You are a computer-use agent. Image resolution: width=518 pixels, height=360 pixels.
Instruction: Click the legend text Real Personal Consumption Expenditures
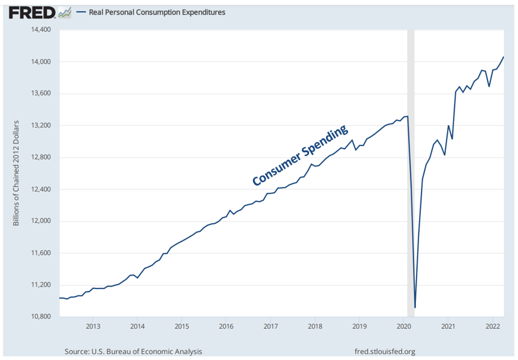click(157, 12)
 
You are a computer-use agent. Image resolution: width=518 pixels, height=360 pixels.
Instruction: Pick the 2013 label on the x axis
click(93, 326)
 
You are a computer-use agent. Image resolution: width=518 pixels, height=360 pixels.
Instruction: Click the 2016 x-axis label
click(226, 326)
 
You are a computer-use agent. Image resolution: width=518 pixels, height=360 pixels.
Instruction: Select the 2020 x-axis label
click(403, 326)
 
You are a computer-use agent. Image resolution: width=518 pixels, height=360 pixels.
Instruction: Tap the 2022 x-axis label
click(492, 326)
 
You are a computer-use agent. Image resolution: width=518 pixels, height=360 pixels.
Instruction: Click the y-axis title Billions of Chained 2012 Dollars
click(16, 173)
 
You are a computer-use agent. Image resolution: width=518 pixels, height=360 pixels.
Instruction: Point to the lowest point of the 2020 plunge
click(415, 307)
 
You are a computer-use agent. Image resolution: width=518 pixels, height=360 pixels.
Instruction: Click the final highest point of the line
click(503, 57)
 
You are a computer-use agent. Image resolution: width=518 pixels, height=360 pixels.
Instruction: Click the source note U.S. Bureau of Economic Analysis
click(133, 351)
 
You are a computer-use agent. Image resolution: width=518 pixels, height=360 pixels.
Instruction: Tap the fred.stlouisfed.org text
click(385, 351)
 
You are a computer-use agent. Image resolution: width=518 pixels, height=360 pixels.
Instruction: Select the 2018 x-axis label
click(315, 326)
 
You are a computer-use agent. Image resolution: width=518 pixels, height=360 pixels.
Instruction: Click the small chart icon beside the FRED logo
click(64, 12)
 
